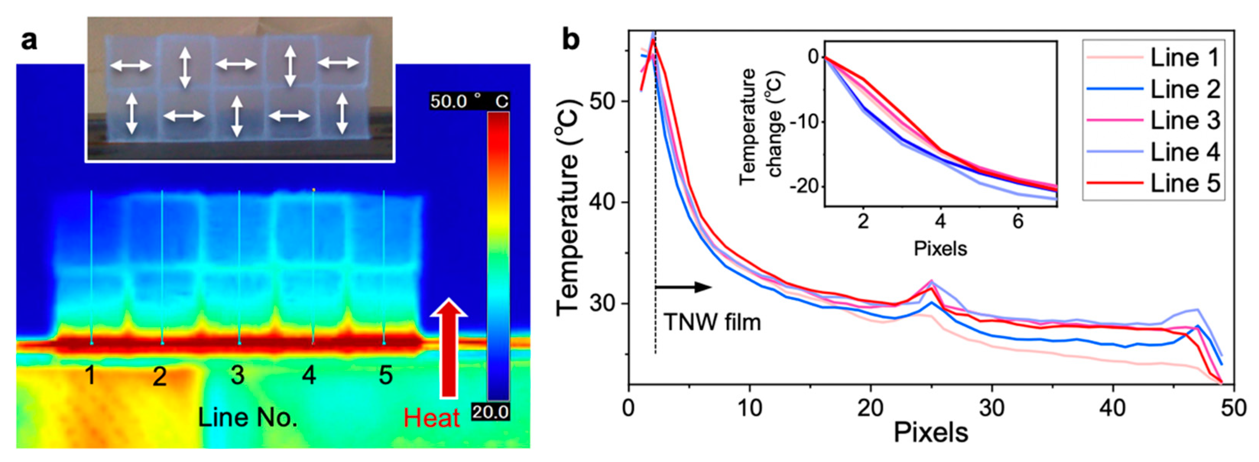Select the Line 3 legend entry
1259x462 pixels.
1185,120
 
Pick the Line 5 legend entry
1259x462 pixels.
1185,183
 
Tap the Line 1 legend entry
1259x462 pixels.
1185,58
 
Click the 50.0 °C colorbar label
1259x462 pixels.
469,101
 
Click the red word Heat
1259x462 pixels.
432,418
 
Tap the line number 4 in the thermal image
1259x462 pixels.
309,376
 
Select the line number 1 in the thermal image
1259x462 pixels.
90,376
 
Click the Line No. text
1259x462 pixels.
247,418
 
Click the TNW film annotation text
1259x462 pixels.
712,323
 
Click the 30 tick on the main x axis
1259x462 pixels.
992,407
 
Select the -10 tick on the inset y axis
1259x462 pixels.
805,122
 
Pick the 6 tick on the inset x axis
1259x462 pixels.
1017,222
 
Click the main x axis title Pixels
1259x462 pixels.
931,433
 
